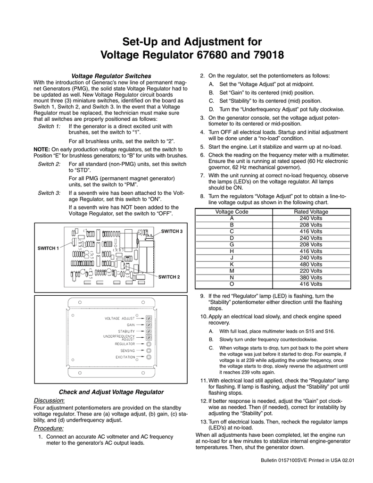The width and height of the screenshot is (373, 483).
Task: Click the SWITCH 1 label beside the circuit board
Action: tap(48, 248)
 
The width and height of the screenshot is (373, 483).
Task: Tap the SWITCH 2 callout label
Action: tap(169, 276)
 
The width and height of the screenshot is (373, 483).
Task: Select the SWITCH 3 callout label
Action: tap(172, 231)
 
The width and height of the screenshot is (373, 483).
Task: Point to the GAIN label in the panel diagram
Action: tap(130, 325)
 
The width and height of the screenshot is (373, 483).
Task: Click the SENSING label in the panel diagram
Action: tap(127, 350)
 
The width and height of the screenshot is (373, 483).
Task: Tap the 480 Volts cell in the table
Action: tap(311, 264)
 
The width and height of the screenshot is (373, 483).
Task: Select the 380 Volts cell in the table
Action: tap(311, 277)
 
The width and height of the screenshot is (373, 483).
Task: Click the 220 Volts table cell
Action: tap(311, 271)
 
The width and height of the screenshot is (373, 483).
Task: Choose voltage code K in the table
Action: tap(232, 264)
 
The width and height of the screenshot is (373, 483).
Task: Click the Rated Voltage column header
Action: tap(311, 212)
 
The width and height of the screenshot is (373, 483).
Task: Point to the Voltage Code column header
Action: tap(232, 212)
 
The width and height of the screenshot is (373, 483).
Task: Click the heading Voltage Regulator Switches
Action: tap(110, 76)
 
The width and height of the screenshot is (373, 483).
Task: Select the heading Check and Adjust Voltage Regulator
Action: tap(111, 392)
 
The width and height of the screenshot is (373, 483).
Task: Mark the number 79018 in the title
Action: tap(259, 55)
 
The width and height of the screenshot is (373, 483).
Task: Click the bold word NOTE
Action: tap(41, 149)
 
